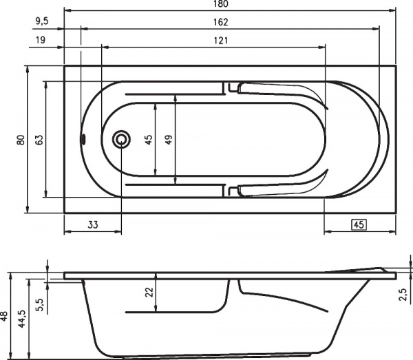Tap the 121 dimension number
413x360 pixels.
tap(220, 41)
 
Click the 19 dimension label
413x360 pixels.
tap(41, 41)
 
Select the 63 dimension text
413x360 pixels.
tap(39, 139)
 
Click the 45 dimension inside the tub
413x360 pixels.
tap(148, 139)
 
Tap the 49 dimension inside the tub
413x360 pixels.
tap(169, 139)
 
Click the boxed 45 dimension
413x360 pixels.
tap(358, 224)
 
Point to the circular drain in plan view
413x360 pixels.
tap(121, 140)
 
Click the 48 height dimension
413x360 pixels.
tap(5, 317)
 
